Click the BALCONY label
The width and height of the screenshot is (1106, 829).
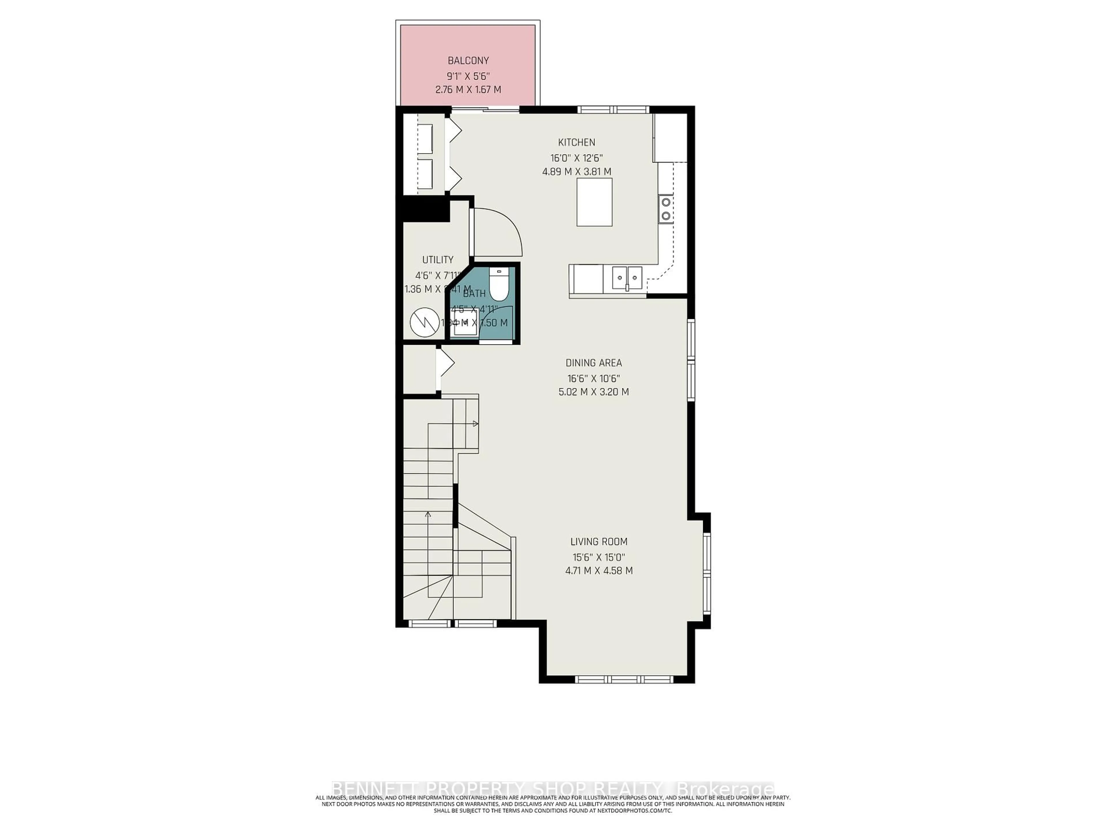[x=468, y=60]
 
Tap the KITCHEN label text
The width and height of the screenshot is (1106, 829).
[x=577, y=142]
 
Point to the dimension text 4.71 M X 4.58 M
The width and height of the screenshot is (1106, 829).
[x=599, y=571]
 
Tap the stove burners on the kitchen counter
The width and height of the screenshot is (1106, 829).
[x=666, y=209]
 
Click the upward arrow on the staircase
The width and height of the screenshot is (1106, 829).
[x=427, y=515]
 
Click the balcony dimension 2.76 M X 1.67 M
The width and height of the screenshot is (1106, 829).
[x=468, y=90]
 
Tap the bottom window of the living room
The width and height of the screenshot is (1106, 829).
[x=624, y=679]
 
